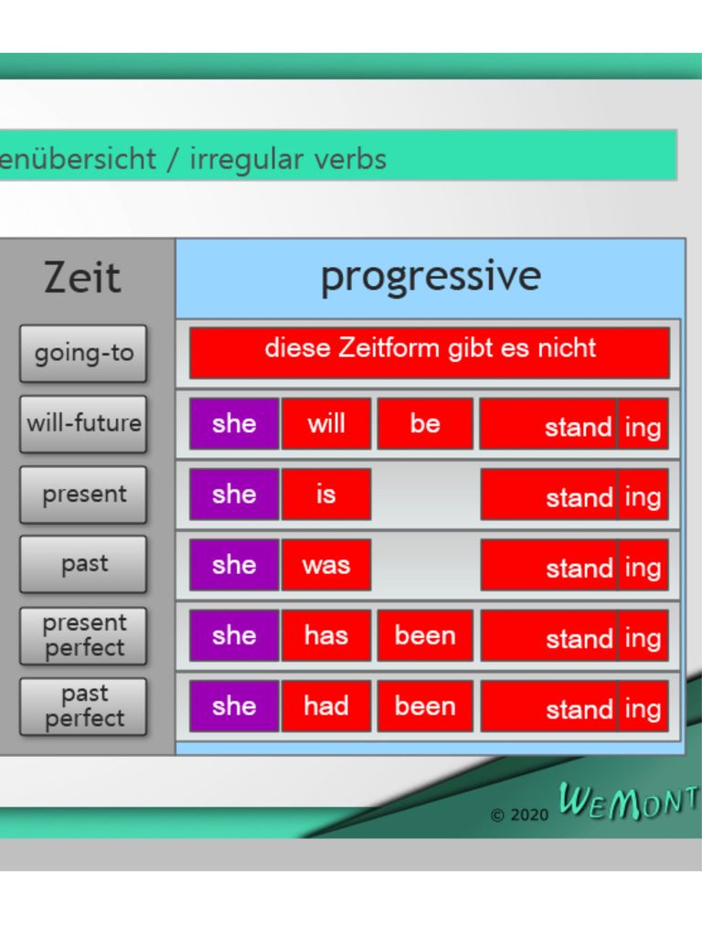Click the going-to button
tap(83, 354)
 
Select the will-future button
tap(83, 424)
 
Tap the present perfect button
tap(83, 636)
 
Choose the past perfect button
tap(83, 707)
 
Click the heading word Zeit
tap(82, 278)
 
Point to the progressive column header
tap(431, 278)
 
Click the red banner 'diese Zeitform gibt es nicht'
tap(430, 353)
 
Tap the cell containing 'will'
tap(326, 424)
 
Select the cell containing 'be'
tap(425, 424)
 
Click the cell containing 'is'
tap(326, 495)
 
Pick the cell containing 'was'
tap(326, 565)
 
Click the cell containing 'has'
tap(326, 636)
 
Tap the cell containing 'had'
tap(326, 707)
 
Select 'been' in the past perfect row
tap(425, 707)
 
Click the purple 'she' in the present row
tap(234, 495)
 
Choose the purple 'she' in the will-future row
tap(234, 424)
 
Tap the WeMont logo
tap(629, 801)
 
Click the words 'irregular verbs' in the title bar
tap(288, 159)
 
